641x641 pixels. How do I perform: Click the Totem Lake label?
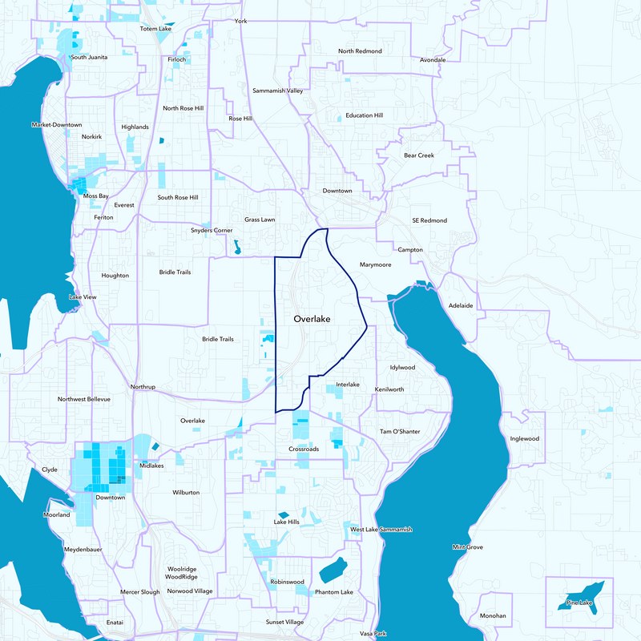point(156,29)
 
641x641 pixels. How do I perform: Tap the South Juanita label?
point(90,57)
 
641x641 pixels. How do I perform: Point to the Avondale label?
point(433,59)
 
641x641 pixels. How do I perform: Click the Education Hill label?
point(364,115)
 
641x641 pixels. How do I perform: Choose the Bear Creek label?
point(418,155)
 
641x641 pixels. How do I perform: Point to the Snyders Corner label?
point(212,231)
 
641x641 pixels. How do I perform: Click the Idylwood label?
point(402,368)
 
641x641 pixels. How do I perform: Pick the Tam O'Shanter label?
point(400,432)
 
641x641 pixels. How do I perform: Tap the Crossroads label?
point(304,449)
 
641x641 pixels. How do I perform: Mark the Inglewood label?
point(524,439)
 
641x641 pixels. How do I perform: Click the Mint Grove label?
point(467,547)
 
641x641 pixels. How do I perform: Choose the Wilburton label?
point(185,492)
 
